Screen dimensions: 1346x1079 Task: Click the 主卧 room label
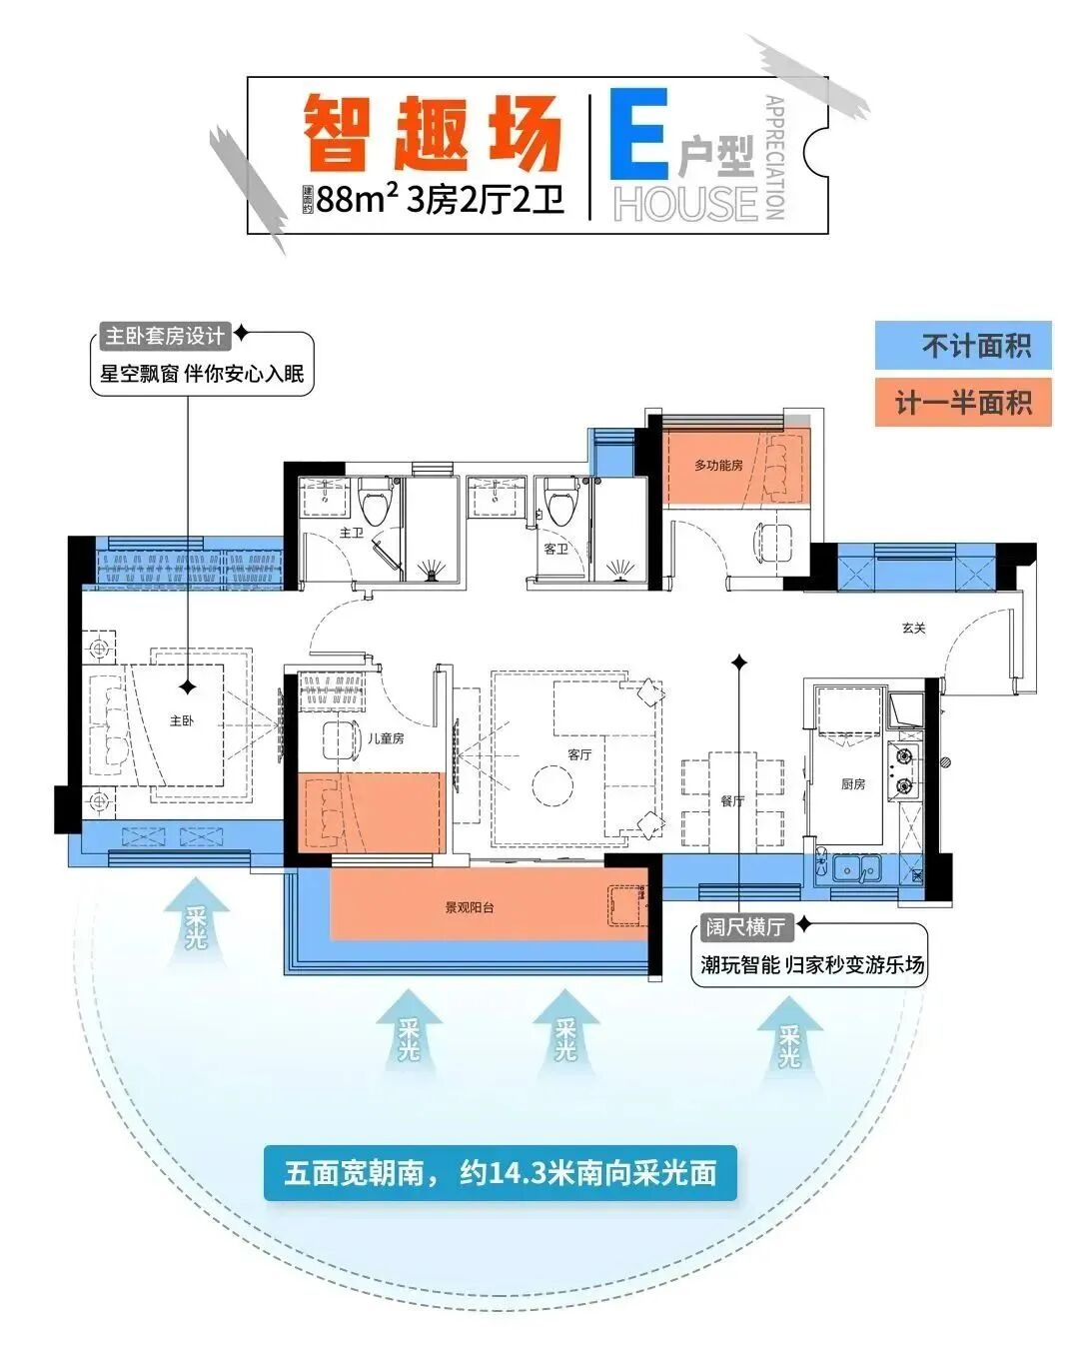pos(181,720)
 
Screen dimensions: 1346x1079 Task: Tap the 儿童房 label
pos(385,738)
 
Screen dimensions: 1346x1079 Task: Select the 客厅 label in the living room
pos(579,754)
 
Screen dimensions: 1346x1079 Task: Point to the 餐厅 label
pos(732,800)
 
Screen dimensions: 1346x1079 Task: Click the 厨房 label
pos(853,784)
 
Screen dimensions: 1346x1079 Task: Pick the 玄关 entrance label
pos(913,629)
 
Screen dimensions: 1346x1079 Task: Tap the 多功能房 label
pos(718,466)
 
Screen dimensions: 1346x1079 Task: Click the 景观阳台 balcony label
pos(470,908)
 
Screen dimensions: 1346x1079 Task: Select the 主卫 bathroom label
pos(351,533)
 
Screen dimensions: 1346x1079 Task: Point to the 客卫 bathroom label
pos(555,549)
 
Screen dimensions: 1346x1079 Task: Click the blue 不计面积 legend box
pos(963,347)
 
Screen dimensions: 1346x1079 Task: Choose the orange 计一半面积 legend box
pos(963,403)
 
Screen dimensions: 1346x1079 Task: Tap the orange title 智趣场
pos(432,134)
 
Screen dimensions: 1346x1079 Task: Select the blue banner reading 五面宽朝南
pos(500,1172)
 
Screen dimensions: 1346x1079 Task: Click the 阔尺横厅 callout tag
pos(745,927)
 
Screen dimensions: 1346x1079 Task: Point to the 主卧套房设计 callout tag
pos(165,335)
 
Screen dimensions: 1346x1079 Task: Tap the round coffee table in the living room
pos(552,785)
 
